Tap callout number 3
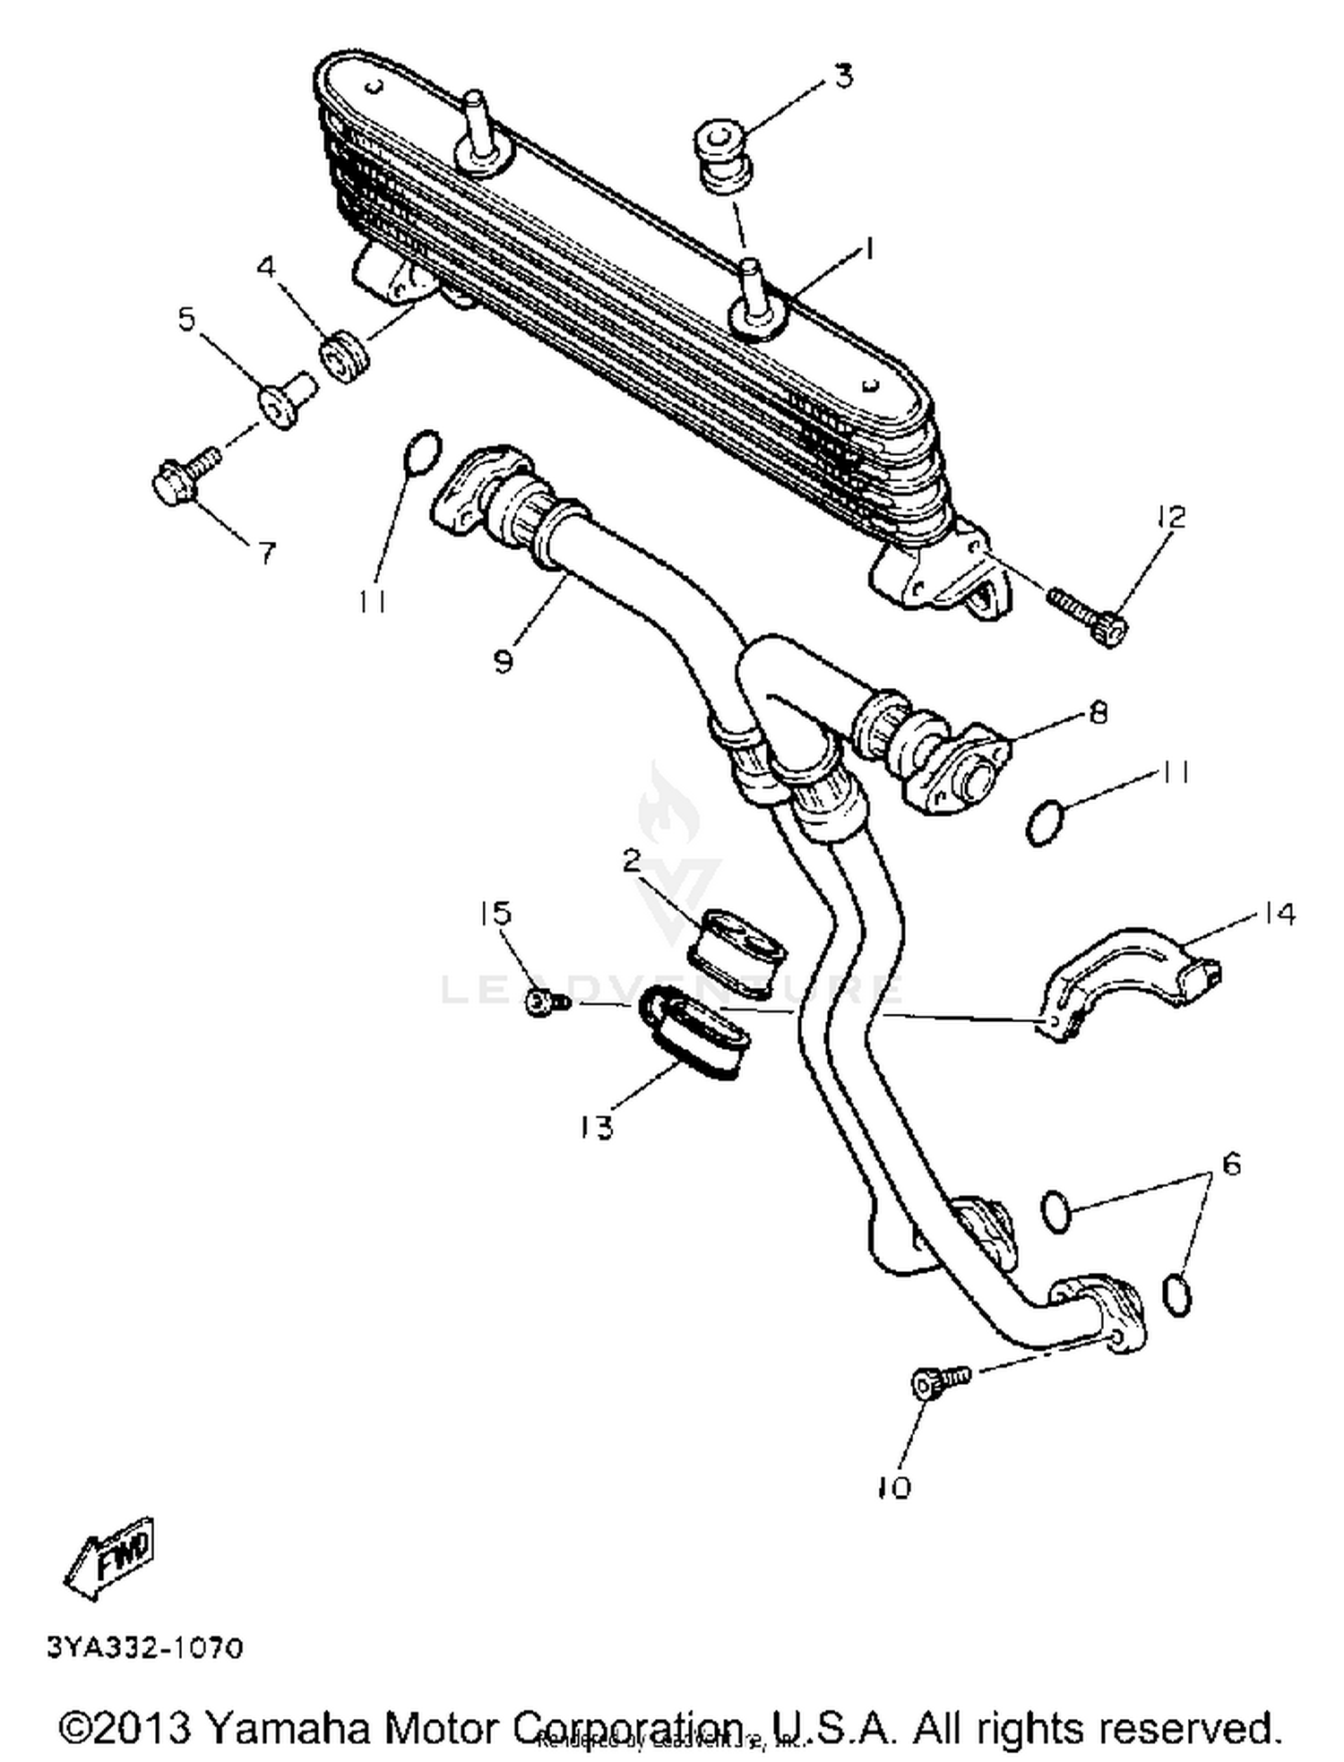pyautogui.click(x=843, y=76)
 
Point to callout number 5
pyautogui.click(x=186, y=318)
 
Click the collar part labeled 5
pyautogui.click(x=287, y=400)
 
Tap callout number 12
pyautogui.click(x=1169, y=517)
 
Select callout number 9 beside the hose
pyautogui.click(x=503, y=661)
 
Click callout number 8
pyautogui.click(x=1098, y=712)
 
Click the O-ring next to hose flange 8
pyautogui.click(x=1045, y=824)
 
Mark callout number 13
pyautogui.click(x=596, y=1126)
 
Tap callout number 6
pyautogui.click(x=1231, y=1164)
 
